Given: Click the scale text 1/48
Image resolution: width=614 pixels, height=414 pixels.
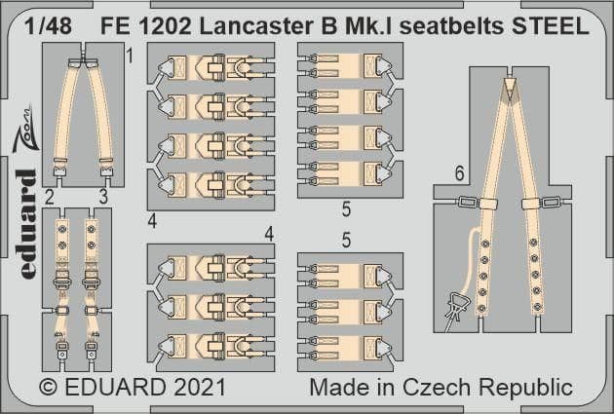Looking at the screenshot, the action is tap(48, 26).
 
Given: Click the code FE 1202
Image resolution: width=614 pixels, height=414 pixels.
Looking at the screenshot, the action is tap(146, 26).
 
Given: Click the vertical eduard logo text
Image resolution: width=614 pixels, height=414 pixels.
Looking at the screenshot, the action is tap(28, 224).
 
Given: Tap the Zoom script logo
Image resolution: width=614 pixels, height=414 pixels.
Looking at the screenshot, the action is tap(25, 130).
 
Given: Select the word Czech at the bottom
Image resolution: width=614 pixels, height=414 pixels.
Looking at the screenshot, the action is tap(437, 388).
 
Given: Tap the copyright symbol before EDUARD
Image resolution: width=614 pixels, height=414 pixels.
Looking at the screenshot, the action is tap(49, 388).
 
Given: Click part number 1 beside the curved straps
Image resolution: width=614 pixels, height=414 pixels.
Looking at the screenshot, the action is tap(130, 56).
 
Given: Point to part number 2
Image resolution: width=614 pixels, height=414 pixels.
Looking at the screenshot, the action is tap(49, 197).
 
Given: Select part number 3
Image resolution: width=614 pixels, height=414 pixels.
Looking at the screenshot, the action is tap(103, 197).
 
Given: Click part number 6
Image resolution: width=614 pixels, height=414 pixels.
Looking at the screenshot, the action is tap(460, 173).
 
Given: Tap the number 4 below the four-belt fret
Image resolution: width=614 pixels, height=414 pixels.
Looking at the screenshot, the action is tap(152, 221).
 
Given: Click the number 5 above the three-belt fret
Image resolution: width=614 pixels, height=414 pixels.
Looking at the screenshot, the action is tap(346, 240).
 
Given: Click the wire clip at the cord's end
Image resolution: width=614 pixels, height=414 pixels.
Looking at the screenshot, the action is tap(454, 308).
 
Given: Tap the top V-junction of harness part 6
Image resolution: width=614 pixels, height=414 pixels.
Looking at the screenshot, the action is tap(510, 90).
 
